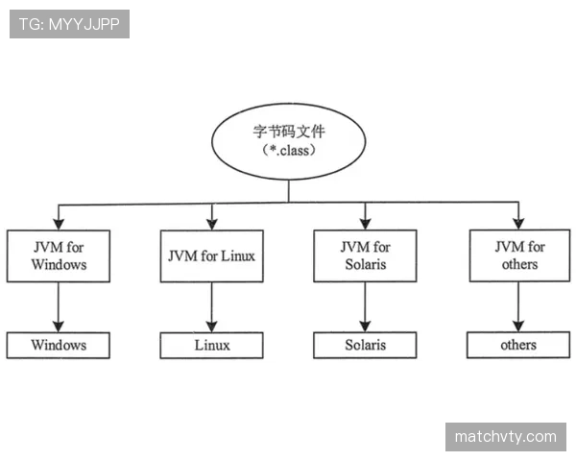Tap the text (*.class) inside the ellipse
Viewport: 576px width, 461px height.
tap(289, 151)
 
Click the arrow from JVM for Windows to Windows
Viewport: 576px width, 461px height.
tap(58, 307)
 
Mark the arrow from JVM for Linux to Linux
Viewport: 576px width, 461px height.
tap(211, 307)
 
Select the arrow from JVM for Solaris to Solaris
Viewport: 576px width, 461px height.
tap(365, 307)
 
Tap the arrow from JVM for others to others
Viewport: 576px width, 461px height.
tap(518, 307)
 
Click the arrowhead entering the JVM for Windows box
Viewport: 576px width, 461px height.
tap(59, 224)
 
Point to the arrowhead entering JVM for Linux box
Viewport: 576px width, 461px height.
tap(212, 224)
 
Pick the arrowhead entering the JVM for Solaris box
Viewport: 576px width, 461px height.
tap(365, 224)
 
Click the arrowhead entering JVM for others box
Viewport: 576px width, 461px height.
tap(518, 223)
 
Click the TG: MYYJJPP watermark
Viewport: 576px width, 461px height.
tap(69, 24)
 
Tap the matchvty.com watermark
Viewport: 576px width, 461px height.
tap(506, 437)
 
